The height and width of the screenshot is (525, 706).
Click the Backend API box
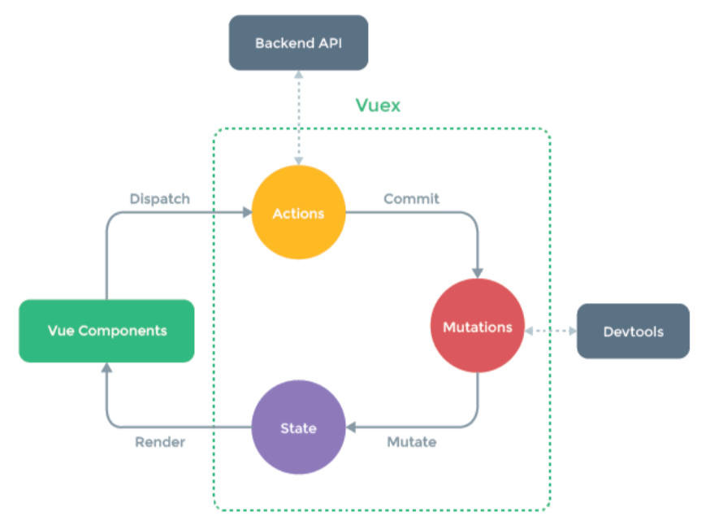[299, 43]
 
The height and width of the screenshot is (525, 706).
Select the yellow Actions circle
[299, 214]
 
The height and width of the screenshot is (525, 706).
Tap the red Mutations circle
[478, 328]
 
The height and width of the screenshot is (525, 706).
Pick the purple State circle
[298, 427]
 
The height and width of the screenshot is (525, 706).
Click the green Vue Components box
[106, 331]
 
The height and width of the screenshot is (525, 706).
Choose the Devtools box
[633, 332]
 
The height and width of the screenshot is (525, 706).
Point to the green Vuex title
[378, 106]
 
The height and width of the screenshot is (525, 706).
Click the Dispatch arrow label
[159, 198]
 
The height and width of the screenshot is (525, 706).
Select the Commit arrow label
[411, 198]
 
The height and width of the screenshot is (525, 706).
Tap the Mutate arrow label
[411, 442]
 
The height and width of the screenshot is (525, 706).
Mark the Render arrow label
[159, 442]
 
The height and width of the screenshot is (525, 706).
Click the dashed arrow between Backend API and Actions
[299, 118]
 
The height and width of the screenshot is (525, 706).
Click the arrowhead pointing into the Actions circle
[247, 213]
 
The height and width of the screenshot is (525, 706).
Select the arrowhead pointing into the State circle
[351, 427]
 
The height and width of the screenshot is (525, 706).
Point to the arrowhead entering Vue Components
[106, 368]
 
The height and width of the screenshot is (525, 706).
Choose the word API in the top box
[330, 43]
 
